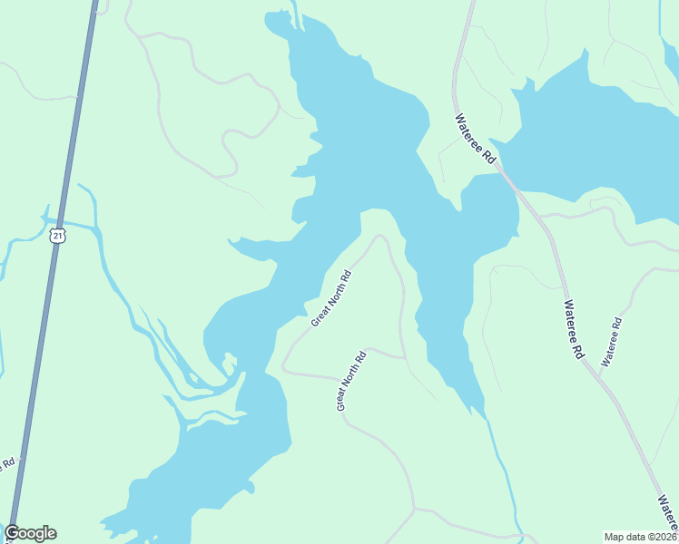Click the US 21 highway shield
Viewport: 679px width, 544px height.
click(x=58, y=236)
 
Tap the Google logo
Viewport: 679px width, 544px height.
click(x=30, y=533)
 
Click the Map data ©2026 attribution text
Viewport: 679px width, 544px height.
click(x=640, y=536)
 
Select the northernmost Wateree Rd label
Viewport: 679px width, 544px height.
click(x=476, y=139)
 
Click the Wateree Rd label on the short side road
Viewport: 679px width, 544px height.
click(x=610, y=342)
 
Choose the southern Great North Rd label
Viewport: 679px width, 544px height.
click(x=350, y=381)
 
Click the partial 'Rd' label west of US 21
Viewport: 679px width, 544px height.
click(x=9, y=463)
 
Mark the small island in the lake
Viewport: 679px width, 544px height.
click(x=230, y=364)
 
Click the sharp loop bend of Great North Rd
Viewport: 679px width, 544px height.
click(x=379, y=238)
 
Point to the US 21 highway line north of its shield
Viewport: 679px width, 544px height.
click(x=76, y=109)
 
